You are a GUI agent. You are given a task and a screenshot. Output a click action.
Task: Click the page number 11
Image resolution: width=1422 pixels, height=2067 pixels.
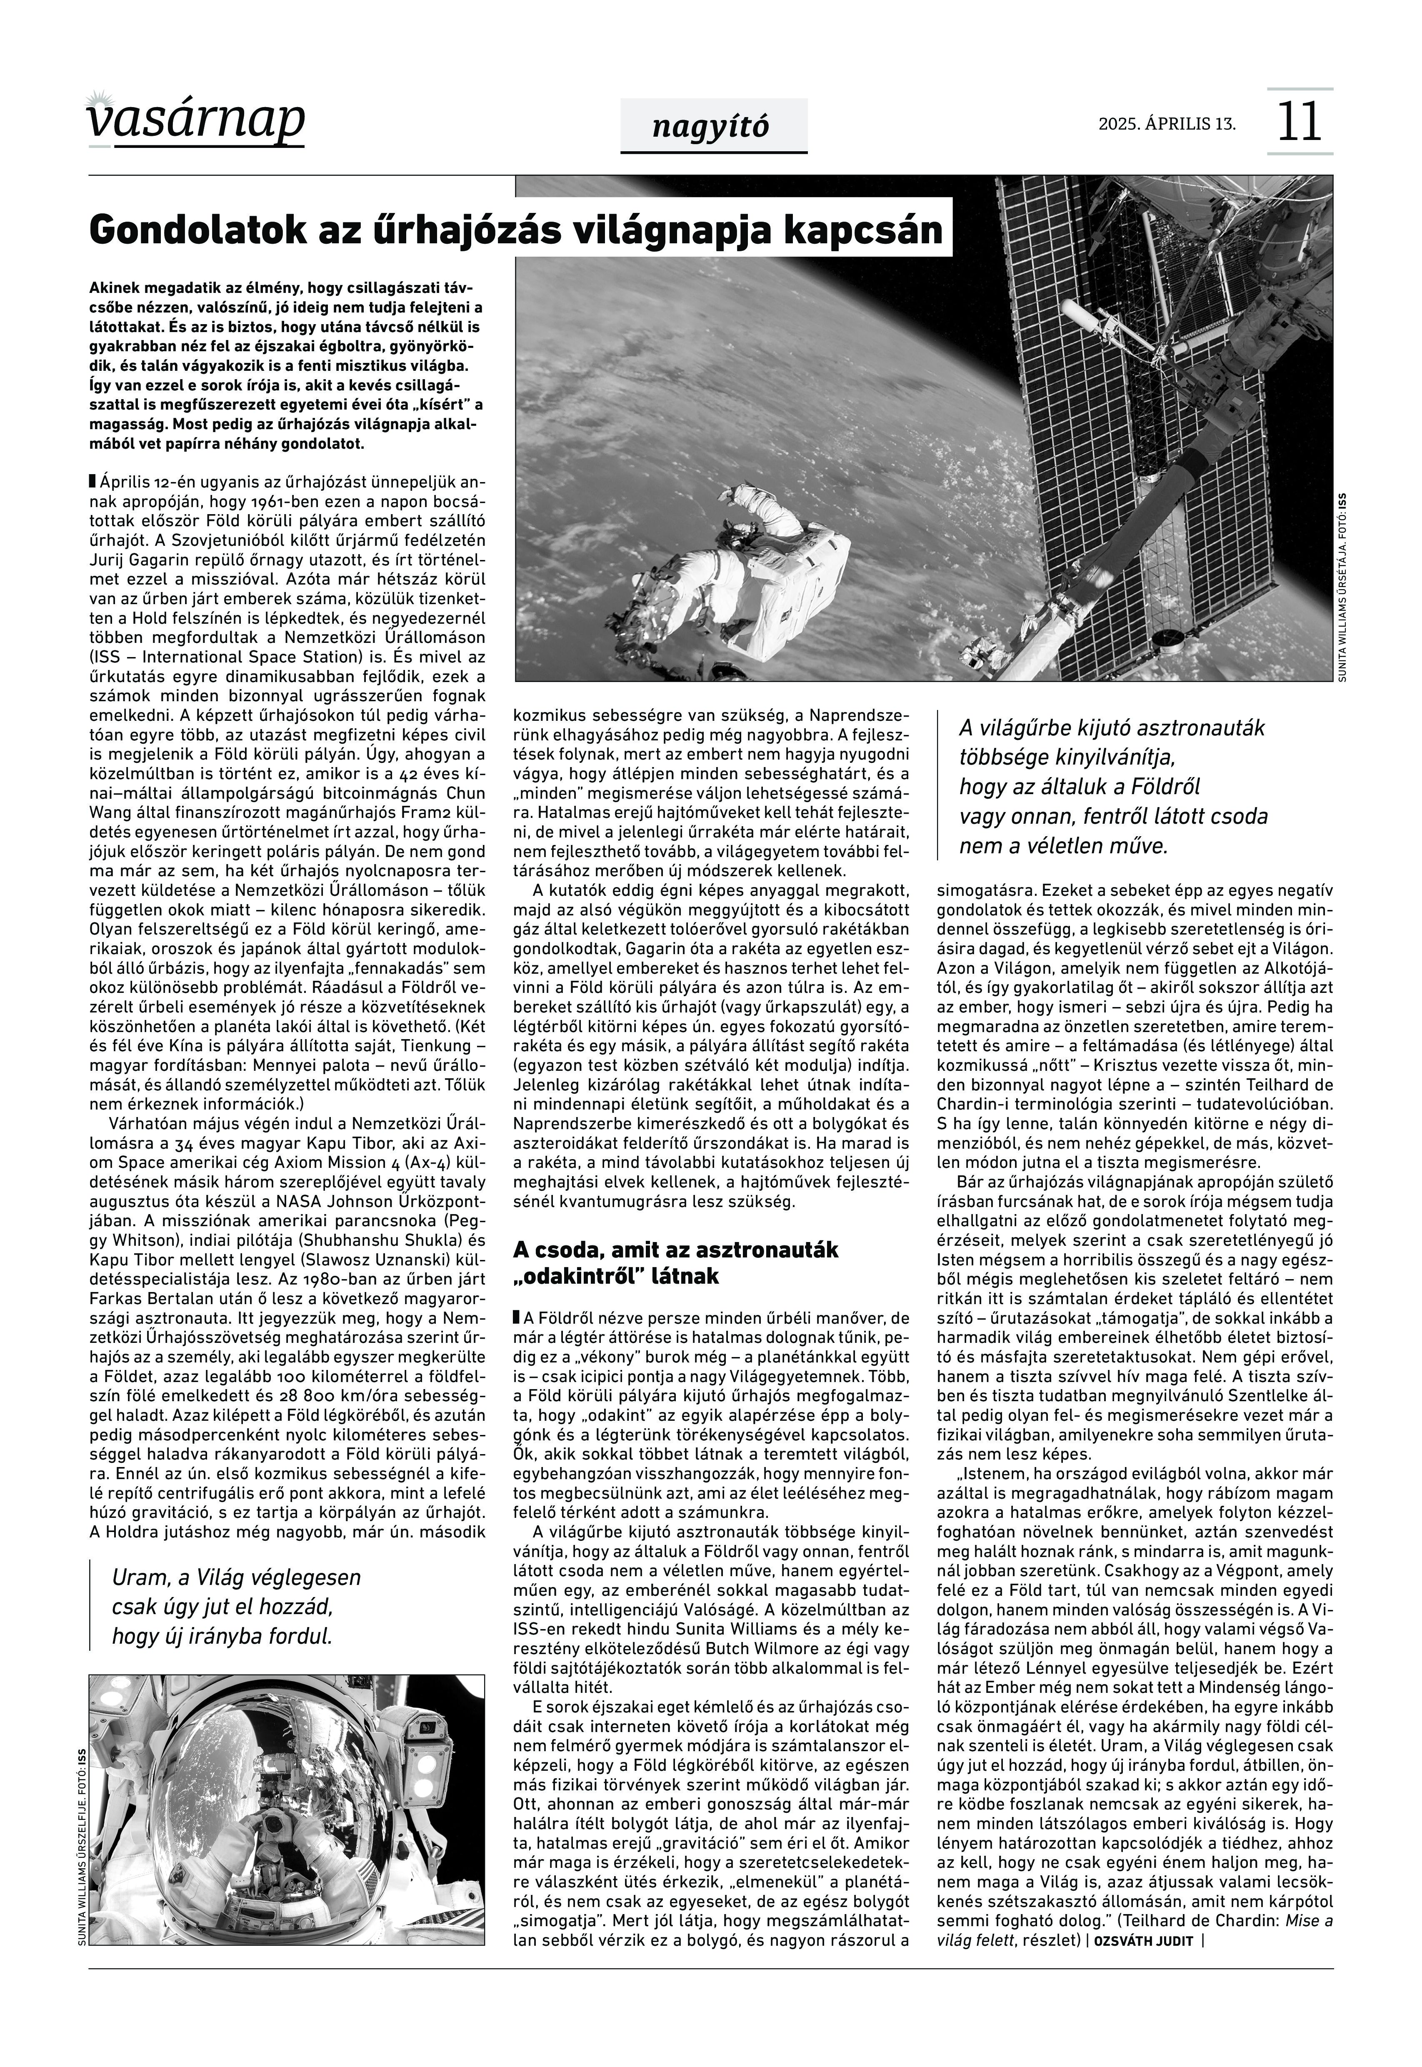click(x=1299, y=122)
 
